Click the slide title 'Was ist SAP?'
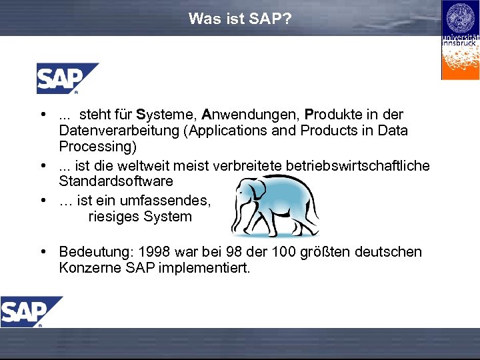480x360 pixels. (239, 19)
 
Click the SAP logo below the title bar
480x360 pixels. (66, 78)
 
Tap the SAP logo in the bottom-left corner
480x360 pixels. (30, 311)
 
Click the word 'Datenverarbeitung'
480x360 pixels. (119, 130)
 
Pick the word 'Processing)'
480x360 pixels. (97, 146)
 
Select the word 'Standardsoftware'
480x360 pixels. (116, 181)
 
